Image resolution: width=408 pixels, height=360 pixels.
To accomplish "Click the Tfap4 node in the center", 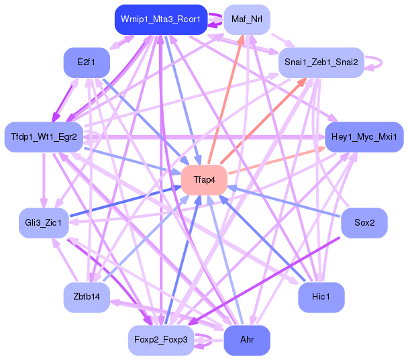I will coord(203,180).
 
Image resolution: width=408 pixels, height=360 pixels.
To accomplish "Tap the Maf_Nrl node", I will coord(246,19).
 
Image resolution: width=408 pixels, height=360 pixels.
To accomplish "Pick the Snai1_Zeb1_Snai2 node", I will coord(321,62).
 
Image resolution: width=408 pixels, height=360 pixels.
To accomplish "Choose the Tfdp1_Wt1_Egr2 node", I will coord(44,137).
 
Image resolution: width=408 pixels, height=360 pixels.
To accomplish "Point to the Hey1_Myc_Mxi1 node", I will coord(364,137).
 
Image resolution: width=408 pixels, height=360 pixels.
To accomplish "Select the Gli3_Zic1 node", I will coord(44,222).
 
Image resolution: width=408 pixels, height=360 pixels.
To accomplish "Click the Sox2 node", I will coord(364,222).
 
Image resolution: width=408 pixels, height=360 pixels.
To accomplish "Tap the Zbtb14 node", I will coord(87,296).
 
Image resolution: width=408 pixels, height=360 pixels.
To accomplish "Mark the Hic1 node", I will coord(321,296).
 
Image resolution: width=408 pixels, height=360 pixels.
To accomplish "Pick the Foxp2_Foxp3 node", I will coord(161,340).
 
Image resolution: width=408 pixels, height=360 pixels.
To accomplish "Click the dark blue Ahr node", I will coord(246,340).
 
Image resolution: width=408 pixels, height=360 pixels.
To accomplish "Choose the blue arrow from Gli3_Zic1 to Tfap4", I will coord(124,201).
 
